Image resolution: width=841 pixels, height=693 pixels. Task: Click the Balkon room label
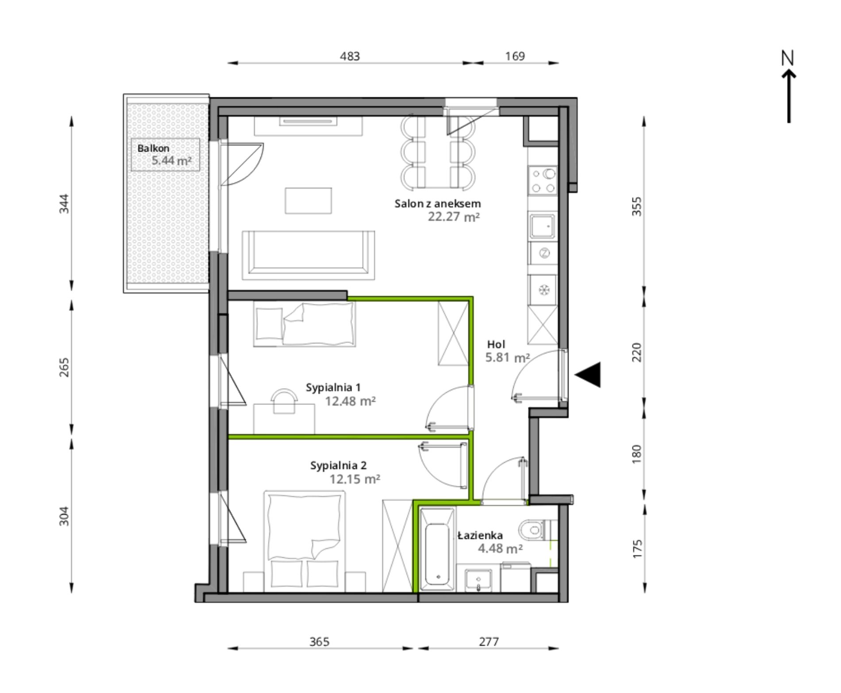coord(153,148)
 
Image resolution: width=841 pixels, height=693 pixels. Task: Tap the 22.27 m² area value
coord(454,217)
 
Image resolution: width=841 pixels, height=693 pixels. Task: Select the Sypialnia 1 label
coord(333,388)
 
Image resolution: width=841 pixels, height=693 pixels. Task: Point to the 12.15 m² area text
coord(355,479)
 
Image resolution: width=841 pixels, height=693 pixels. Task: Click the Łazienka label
coord(480,535)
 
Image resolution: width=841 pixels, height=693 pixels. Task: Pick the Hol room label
coord(496,344)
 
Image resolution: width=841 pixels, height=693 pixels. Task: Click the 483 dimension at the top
coord(350,56)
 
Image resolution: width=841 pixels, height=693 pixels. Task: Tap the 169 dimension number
coord(515,56)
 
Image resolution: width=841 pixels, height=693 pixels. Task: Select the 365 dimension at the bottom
coord(320,642)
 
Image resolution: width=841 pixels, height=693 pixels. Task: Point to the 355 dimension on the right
coord(636,206)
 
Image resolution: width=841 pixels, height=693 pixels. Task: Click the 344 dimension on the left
coord(64,204)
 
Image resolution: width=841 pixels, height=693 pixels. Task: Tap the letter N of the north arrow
coord(787,58)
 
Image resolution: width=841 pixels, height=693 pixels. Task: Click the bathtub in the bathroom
coord(437,550)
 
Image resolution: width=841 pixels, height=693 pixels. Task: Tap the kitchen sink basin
coord(542,227)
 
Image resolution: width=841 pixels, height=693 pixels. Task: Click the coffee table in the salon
coord(309,200)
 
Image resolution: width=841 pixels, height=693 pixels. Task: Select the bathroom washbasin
coord(478,580)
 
